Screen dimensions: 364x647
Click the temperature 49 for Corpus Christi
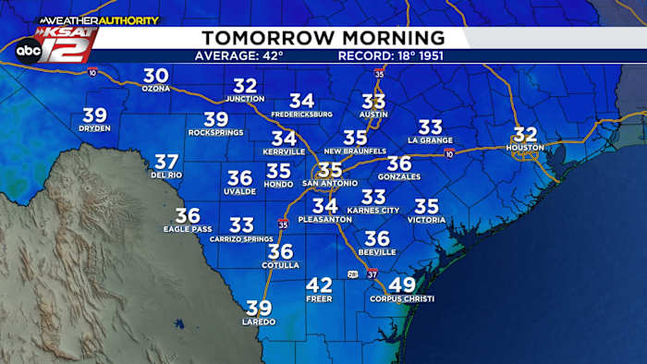402,285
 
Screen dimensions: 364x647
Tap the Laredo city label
259,322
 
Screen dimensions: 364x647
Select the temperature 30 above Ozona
155,77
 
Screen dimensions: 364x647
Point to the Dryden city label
94,128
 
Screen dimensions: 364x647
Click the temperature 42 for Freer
319,285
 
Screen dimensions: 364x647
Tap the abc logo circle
28,52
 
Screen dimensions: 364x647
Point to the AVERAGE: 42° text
238,55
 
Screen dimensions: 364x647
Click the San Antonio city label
330,183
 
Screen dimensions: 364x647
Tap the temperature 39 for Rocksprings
215,119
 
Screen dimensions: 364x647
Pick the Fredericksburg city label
301,114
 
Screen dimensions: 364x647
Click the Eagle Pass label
188,228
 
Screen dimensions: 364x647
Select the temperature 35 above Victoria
427,207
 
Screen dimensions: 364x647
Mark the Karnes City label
373,211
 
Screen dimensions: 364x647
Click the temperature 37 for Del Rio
166,162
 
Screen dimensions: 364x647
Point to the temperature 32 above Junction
245,86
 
